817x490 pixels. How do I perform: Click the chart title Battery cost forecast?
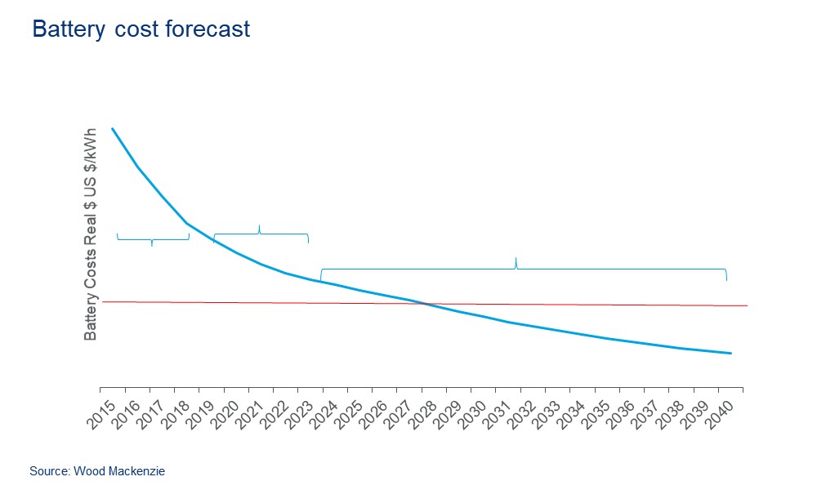(141, 29)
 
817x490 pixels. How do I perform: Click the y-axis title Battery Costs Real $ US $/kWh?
(91, 234)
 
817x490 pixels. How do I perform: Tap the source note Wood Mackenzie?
(97, 471)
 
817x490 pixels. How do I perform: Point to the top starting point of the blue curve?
(112, 128)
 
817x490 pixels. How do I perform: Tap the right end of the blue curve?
(730, 354)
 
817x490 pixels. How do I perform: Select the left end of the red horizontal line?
(104, 302)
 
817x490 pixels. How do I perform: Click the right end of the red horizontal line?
(747, 305)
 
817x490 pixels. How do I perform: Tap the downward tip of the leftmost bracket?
(152, 246)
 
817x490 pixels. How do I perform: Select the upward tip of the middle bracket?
(259, 225)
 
